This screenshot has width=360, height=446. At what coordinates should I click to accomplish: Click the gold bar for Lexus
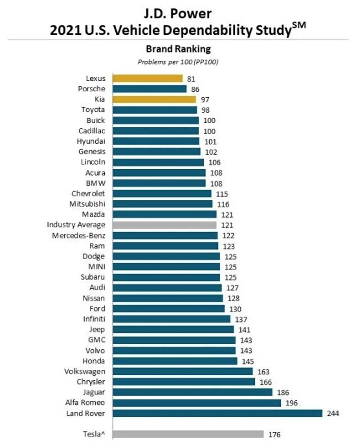147,79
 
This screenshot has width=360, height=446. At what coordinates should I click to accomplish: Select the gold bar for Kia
154,100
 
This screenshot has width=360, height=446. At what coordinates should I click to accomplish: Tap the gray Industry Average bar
164,224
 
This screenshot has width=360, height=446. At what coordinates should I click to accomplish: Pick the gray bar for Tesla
188,434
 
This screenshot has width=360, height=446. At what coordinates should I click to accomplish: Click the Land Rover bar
217,413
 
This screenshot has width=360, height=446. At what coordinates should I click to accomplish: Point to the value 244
333,414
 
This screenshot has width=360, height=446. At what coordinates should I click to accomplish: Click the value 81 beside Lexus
191,79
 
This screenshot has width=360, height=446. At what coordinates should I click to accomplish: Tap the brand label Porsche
92,89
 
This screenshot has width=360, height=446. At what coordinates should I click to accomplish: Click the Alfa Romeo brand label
85,403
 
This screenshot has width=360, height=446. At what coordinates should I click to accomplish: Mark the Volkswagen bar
182,371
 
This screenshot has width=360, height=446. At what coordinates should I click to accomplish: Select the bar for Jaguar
192,392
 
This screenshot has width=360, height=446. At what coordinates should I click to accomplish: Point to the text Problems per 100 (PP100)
178,62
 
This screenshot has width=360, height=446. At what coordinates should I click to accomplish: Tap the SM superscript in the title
300,25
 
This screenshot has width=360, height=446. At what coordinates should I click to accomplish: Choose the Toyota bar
155,110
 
